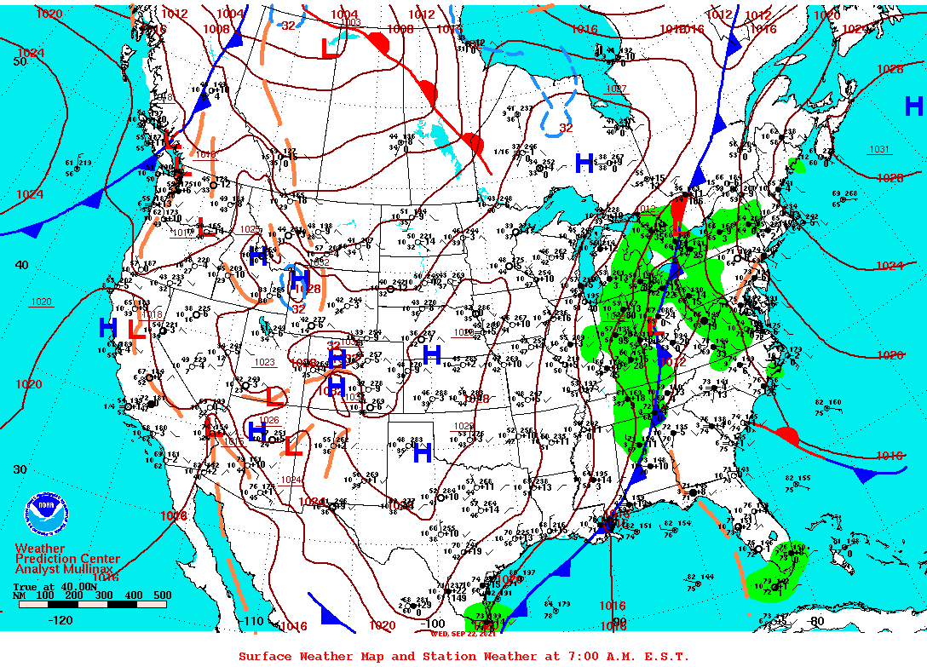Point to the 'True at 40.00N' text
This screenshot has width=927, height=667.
pyautogui.click(x=50, y=587)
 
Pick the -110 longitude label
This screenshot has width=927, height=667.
pyautogui.click(x=253, y=621)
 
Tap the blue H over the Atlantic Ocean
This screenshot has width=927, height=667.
pyautogui.click(x=913, y=106)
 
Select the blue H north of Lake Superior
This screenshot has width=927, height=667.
pyautogui.click(x=584, y=163)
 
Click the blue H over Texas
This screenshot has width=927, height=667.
pyautogui.click(x=422, y=453)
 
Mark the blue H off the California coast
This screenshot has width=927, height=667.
pyautogui.click(x=107, y=327)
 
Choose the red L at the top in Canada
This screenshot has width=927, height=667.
pyautogui.click(x=329, y=49)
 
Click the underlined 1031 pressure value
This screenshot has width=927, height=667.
pyautogui.click(x=879, y=149)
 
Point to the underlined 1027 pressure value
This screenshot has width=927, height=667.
pyautogui.click(x=615, y=89)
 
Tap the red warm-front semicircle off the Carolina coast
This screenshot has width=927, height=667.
pyautogui.click(x=786, y=437)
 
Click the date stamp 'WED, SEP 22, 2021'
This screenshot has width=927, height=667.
pyautogui.click(x=463, y=632)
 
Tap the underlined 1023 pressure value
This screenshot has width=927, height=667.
pyautogui.click(x=265, y=362)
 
